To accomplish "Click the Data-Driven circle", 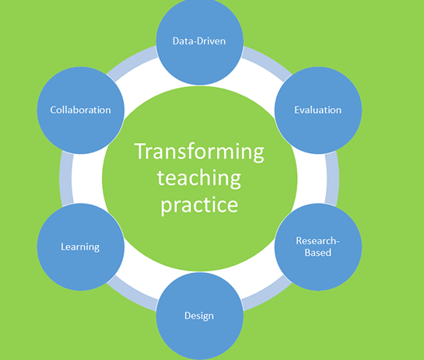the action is tap(200, 41).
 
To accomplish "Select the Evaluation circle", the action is tap(318, 110).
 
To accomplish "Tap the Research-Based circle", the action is tap(318, 247).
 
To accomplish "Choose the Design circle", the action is tap(200, 316).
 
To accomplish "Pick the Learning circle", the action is tap(81, 247).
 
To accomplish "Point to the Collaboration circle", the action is tap(81, 110).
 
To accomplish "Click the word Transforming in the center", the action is tap(199, 152).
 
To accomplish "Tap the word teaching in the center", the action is tap(198, 178).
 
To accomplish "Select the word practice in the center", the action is tap(199, 205).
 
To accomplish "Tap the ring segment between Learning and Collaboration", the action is tap(65, 178).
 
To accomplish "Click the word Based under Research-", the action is tap(318, 253).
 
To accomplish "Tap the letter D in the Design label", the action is tap(187, 316).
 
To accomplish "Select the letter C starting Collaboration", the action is tap(53, 110).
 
